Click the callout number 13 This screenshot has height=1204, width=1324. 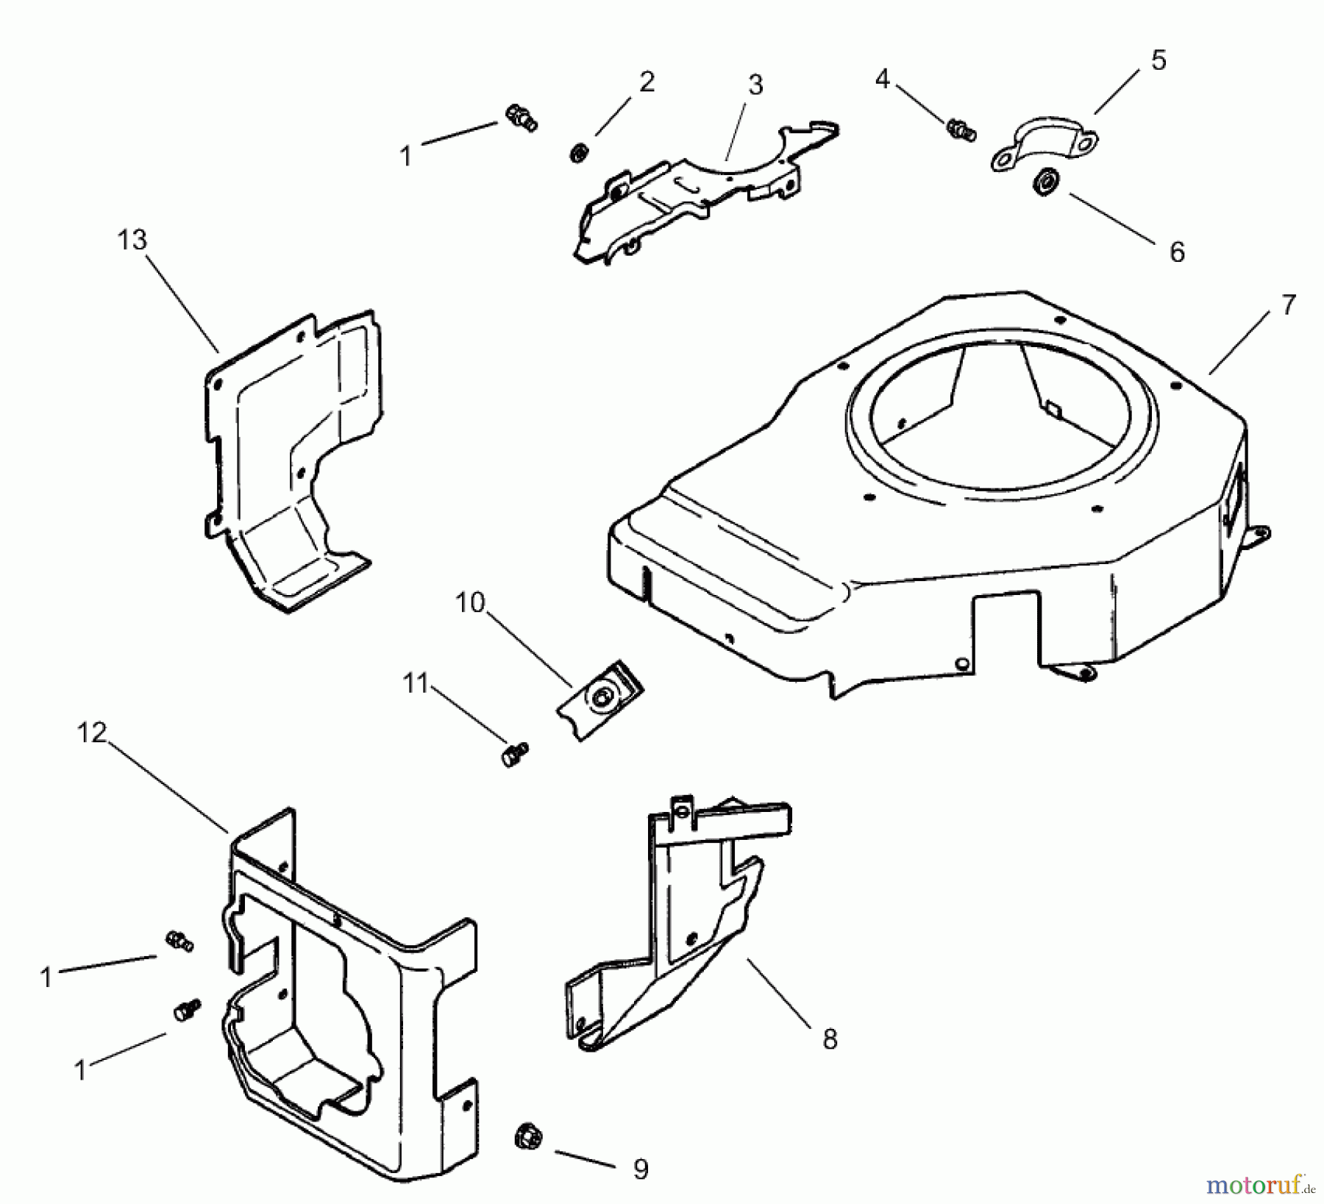pyautogui.click(x=132, y=240)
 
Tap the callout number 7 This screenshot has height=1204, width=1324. pyautogui.click(x=1288, y=304)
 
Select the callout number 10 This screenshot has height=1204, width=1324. pyautogui.click(x=470, y=603)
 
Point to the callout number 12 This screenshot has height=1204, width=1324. pyautogui.click(x=92, y=733)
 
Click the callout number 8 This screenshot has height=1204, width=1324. pyautogui.click(x=830, y=1039)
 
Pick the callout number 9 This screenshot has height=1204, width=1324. pyautogui.click(x=641, y=1169)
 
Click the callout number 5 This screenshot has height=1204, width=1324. pyautogui.click(x=1159, y=60)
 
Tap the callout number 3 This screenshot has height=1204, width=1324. pyautogui.click(x=755, y=85)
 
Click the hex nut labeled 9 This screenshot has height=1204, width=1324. pyautogui.click(x=527, y=1138)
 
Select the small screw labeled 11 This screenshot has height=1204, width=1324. pyautogui.click(x=515, y=754)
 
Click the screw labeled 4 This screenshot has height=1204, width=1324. pyautogui.click(x=960, y=129)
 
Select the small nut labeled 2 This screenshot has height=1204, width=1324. pyautogui.click(x=579, y=153)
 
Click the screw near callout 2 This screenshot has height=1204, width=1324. pyautogui.click(x=521, y=118)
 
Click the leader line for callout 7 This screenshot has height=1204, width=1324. pyautogui.click(x=1239, y=342)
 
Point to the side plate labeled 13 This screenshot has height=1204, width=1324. pyautogui.click(x=294, y=456)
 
